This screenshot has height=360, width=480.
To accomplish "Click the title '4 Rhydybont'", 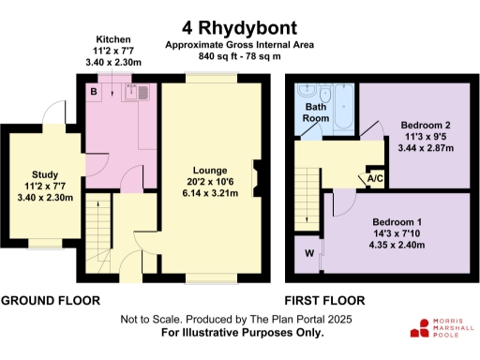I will click(240, 28).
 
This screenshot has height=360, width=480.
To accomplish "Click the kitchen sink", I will click(142, 92).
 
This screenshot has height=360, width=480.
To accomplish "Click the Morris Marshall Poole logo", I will click(442, 329).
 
